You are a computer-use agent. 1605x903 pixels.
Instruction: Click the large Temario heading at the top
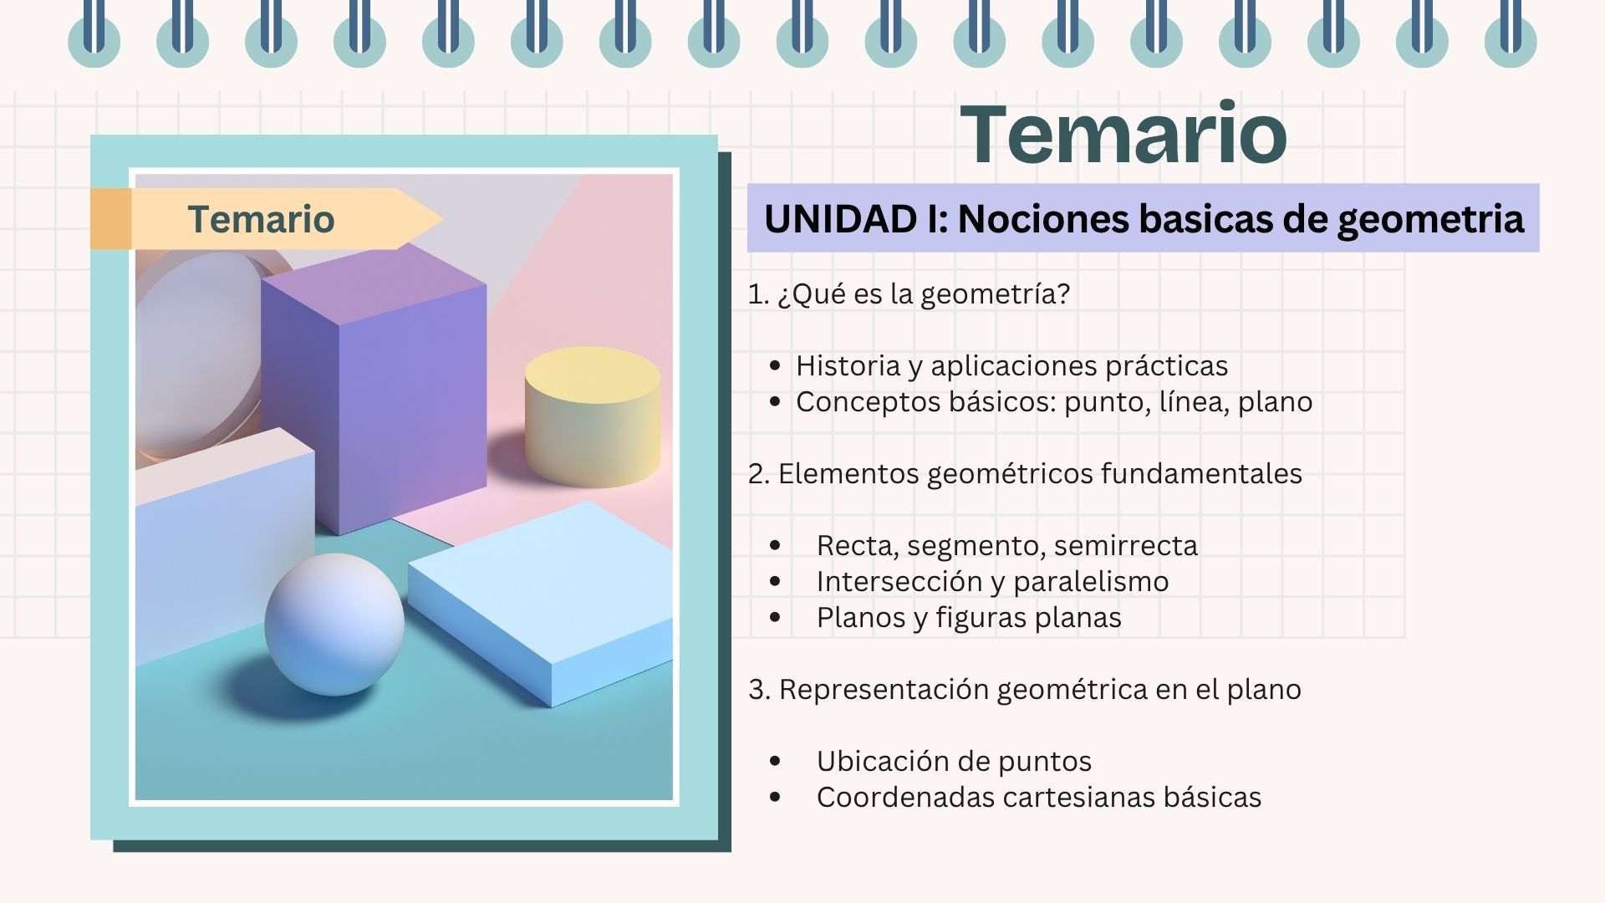[1123, 134]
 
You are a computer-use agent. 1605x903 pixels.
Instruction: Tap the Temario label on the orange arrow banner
[261, 219]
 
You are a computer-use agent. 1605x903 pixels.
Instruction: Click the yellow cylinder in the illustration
[593, 416]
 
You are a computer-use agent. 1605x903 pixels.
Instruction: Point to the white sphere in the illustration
[334, 624]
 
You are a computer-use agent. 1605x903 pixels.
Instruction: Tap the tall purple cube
[374, 389]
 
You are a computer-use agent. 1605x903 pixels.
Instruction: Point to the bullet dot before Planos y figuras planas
[775, 617]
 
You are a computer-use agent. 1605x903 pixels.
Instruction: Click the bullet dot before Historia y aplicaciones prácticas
[775, 365]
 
